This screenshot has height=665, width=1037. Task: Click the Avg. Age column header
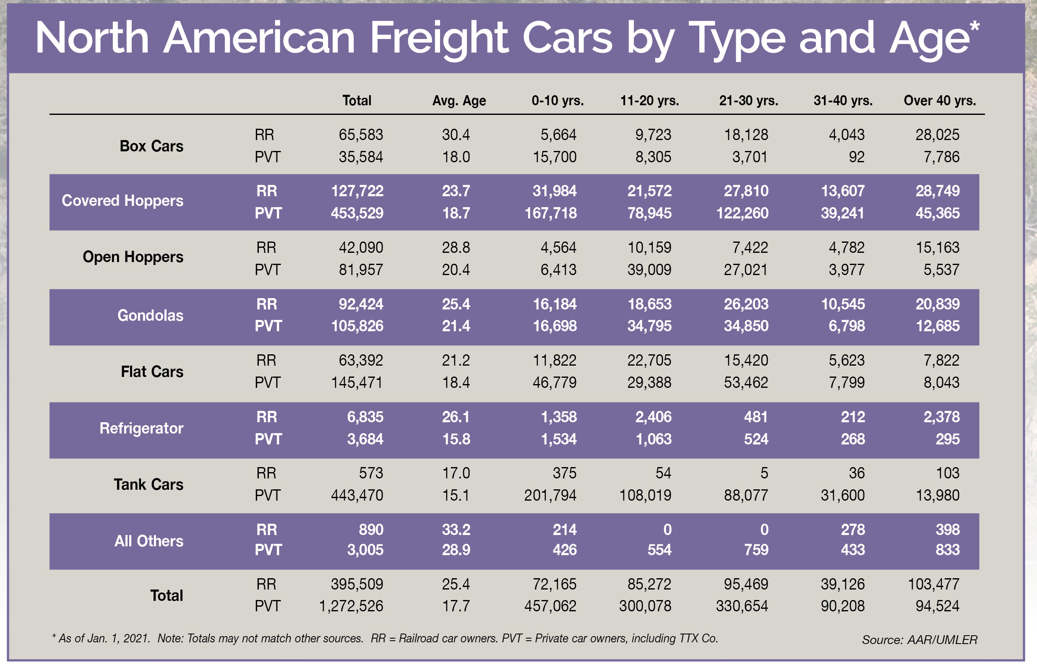coord(459,101)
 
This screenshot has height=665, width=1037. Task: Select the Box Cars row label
coord(151,146)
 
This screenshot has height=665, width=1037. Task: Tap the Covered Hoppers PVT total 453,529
coord(357,213)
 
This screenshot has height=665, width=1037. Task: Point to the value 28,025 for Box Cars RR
coord(937,135)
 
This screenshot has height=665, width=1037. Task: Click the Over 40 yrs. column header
coord(939,101)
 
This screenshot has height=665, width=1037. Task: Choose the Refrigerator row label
coord(141,428)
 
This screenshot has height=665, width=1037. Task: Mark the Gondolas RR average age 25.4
coord(456,304)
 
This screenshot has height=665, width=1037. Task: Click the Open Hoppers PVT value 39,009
coord(649,270)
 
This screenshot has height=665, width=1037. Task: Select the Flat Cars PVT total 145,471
coord(357,382)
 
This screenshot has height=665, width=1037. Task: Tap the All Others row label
coord(149,540)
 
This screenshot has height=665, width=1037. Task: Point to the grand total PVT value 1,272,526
coord(351,606)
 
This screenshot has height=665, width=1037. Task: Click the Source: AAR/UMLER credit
coord(919,639)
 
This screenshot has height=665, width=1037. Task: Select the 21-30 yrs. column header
coord(748,101)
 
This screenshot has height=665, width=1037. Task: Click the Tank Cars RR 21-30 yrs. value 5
coord(764,473)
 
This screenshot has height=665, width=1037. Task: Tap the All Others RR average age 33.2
coord(456,530)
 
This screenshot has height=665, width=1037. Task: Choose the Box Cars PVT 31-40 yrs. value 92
coord(857,157)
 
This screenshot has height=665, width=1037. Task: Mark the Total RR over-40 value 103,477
coord(933,584)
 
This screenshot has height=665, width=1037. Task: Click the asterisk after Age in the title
coord(974,27)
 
